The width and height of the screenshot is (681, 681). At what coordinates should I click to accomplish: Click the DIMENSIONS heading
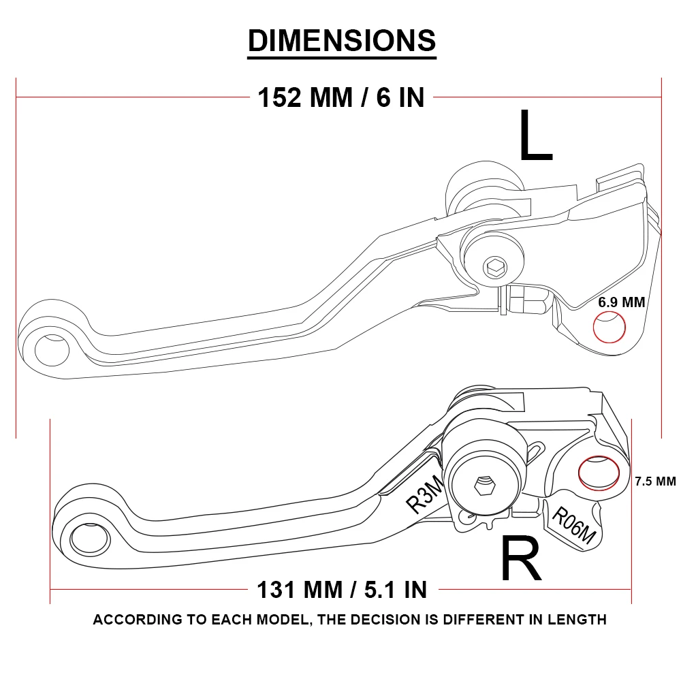pyautogui.click(x=341, y=40)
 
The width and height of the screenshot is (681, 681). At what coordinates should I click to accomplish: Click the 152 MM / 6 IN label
pyautogui.click(x=340, y=97)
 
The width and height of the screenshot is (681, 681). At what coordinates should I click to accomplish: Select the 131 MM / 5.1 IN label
pyautogui.click(x=341, y=589)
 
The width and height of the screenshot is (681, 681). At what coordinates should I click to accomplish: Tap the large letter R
pyautogui.click(x=521, y=559)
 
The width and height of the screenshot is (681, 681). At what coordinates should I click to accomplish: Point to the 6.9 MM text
pyautogui.click(x=621, y=302)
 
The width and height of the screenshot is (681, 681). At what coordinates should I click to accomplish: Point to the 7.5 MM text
pyautogui.click(x=654, y=481)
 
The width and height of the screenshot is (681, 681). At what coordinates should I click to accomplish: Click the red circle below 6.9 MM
pyautogui.click(x=609, y=328)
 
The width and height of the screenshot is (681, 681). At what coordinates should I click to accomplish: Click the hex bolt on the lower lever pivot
pyautogui.click(x=484, y=486)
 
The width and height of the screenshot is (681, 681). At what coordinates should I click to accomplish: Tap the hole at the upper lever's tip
pyautogui.click(x=52, y=349)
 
